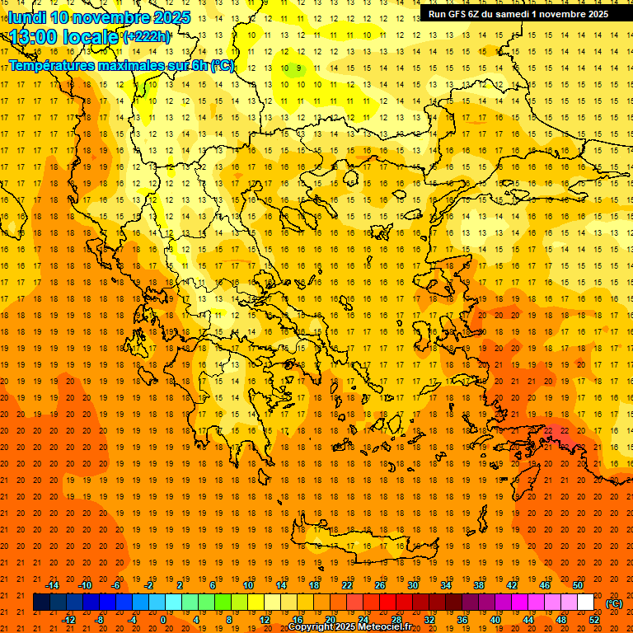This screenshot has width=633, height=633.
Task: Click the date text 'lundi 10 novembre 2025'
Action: pos(99,17)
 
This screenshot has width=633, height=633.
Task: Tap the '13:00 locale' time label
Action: pos(64,37)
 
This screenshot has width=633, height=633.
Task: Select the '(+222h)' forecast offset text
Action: pos(147,37)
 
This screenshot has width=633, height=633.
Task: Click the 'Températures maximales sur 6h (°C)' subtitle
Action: pos(121,65)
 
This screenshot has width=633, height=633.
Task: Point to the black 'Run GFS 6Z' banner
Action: pos(518,13)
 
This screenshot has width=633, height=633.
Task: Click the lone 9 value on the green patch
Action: pos(299,68)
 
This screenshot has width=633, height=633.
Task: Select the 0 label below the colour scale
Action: pos(162,620)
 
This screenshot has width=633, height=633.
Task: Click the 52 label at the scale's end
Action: pos(594,620)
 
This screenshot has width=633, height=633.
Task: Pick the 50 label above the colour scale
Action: pos(578,585)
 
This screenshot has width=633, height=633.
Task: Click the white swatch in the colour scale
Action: pos(586,603)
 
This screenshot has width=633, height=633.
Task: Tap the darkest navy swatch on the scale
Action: pos(41,603)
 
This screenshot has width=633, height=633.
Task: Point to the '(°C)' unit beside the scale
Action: pos(614,603)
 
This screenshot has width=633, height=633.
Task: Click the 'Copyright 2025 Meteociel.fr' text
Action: pos(349,627)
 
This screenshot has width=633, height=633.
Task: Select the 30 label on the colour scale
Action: pos(413,585)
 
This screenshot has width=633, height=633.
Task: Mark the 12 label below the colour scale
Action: pos(265,620)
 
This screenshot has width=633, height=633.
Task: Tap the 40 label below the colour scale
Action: pos(495,620)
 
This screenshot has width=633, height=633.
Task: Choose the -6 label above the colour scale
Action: pos(116,585)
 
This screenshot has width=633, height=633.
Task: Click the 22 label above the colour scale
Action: pos(347,585)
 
